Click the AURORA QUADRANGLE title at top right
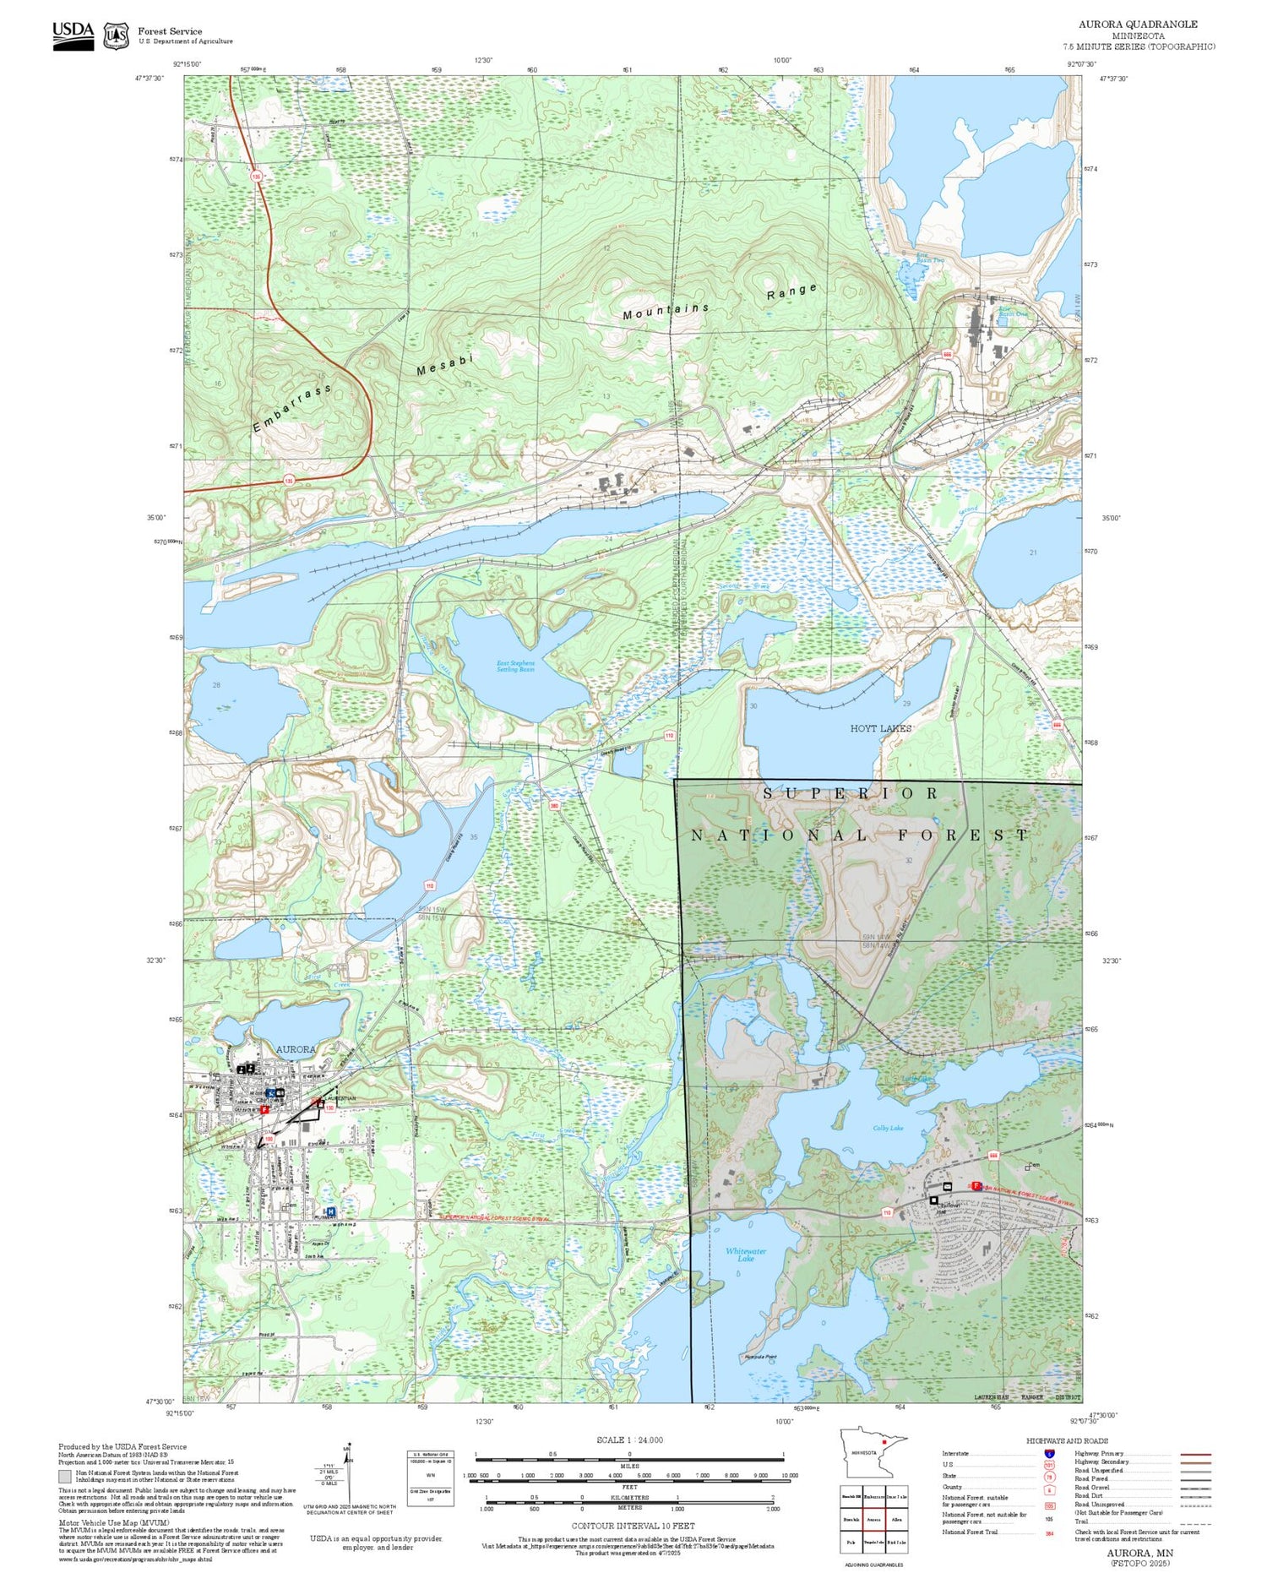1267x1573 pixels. (x=1138, y=24)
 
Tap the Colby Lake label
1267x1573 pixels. (x=888, y=1128)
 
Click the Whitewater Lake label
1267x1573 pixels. (x=746, y=1255)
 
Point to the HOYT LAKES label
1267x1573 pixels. (x=881, y=728)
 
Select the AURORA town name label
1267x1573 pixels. (x=296, y=1049)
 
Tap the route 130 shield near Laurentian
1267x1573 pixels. (x=329, y=1107)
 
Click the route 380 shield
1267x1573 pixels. (x=554, y=806)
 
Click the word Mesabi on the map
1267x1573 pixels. (x=445, y=364)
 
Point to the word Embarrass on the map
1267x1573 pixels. (x=291, y=409)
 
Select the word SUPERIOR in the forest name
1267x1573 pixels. (x=851, y=793)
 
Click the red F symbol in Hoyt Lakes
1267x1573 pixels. (x=976, y=1186)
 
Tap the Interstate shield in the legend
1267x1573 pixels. (x=1050, y=1454)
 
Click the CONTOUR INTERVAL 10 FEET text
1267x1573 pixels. (x=633, y=1526)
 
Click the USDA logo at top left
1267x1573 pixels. (x=73, y=35)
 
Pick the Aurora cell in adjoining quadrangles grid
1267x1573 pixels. (x=874, y=1519)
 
